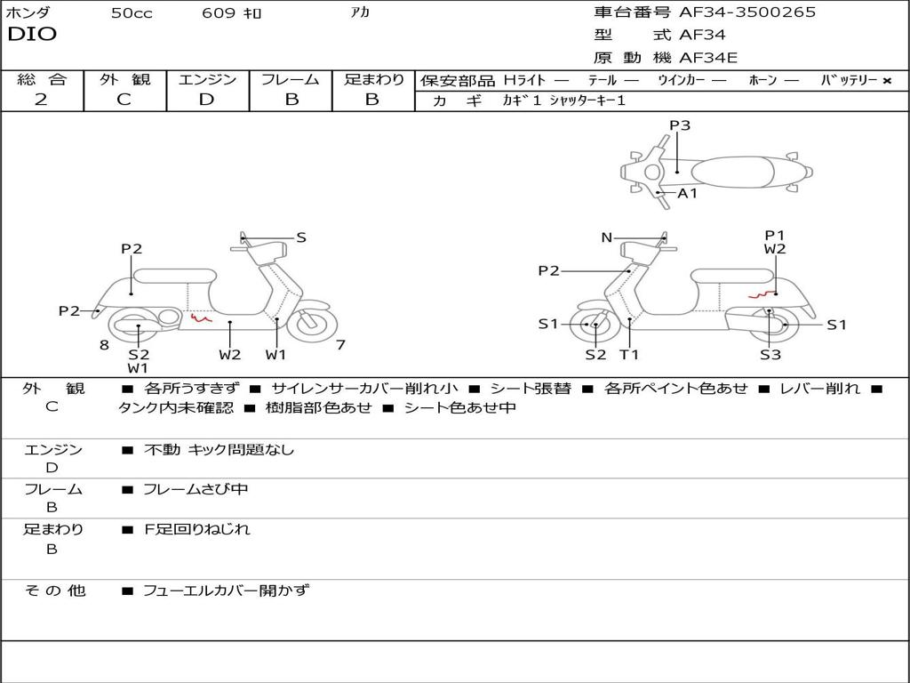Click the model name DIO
pyautogui.click(x=32, y=35)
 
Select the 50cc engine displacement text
pyautogui.click(x=132, y=13)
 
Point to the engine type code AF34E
pyautogui.click(x=708, y=58)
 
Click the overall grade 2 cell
pyautogui.click(x=41, y=100)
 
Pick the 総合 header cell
pyautogui.click(x=42, y=79)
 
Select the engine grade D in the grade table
pyautogui.click(x=206, y=100)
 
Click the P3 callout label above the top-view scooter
pyautogui.click(x=680, y=125)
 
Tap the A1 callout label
pyautogui.click(x=688, y=193)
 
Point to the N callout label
pyautogui.click(x=607, y=237)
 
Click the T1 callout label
pyautogui.click(x=629, y=355)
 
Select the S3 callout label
pyautogui.click(x=770, y=355)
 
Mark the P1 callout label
pyautogui.click(x=775, y=235)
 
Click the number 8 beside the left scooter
pyautogui.click(x=104, y=345)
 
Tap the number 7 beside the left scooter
pyautogui.click(x=340, y=345)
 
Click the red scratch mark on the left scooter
pyautogui.click(x=201, y=315)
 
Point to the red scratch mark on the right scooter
pyautogui.click(x=760, y=295)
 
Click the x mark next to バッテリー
pyautogui.click(x=887, y=80)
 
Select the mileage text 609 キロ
pyautogui.click(x=232, y=13)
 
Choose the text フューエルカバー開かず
pyautogui.click(x=227, y=590)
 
